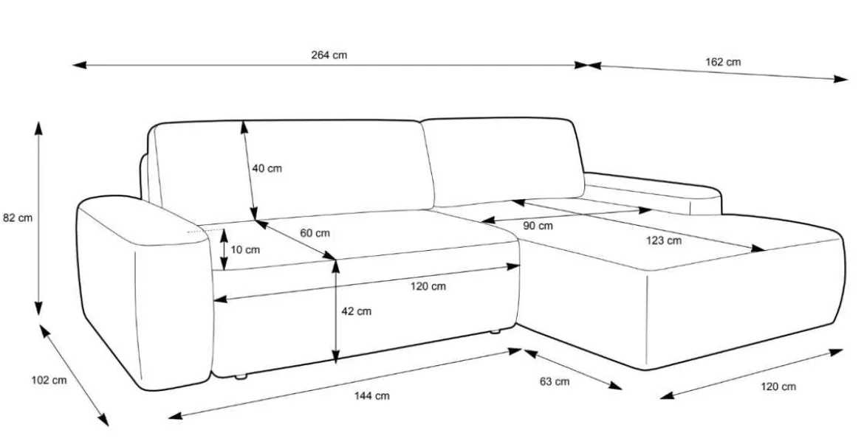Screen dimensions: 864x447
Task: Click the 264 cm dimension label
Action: tap(329, 55)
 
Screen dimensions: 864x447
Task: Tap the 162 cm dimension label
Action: tap(723, 62)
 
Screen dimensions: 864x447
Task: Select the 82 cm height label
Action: tap(18, 218)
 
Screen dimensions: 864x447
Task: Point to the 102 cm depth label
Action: tap(49, 381)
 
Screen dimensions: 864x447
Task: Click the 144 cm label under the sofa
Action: tap(371, 396)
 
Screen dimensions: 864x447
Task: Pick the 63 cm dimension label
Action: tap(555, 381)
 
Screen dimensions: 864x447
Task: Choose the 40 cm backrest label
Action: tap(267, 168)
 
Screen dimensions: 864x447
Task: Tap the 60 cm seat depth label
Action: tap(315, 233)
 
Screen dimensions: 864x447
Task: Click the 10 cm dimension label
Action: tap(244, 250)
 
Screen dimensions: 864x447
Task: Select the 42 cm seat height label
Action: tap(357, 311)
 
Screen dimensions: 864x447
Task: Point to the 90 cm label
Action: tap(538, 226)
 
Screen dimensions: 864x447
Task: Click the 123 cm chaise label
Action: tap(663, 240)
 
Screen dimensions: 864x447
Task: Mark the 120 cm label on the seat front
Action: tap(428, 286)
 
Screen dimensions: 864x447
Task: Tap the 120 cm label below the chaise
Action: tap(778, 387)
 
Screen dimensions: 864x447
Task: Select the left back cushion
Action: tap(290, 168)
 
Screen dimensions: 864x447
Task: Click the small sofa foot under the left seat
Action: tap(240, 377)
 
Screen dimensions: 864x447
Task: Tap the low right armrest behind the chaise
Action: tap(653, 194)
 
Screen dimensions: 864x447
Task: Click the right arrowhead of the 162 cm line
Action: tap(841, 79)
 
